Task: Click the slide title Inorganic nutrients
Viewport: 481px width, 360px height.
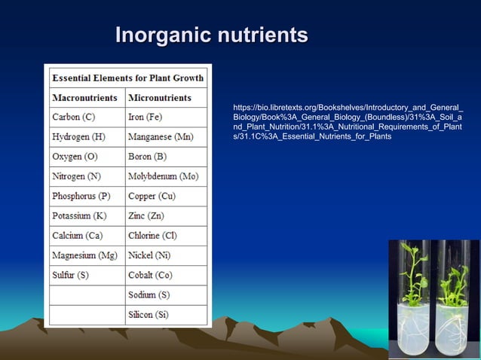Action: [x=211, y=35]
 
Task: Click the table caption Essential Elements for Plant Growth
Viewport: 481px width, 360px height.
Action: [x=127, y=78]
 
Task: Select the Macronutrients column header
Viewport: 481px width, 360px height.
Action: [x=84, y=98]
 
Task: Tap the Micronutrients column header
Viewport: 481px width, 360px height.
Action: [x=159, y=98]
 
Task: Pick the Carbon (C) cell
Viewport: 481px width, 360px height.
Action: [x=73, y=117]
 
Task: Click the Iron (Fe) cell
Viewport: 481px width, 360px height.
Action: [x=145, y=117]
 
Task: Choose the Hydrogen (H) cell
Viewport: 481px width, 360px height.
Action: [x=78, y=137]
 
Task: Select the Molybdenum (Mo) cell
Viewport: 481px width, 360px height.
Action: [x=163, y=176]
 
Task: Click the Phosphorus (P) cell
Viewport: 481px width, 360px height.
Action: [x=81, y=197]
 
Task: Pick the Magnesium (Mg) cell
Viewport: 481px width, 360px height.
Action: [x=84, y=255]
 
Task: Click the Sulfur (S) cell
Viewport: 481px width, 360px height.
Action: [x=70, y=275]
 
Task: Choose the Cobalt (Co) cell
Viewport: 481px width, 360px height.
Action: [x=150, y=275]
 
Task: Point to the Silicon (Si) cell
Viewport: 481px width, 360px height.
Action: [x=150, y=315]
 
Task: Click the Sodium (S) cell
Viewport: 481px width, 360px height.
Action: [x=149, y=295]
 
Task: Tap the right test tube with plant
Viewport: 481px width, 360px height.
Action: [x=455, y=297]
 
